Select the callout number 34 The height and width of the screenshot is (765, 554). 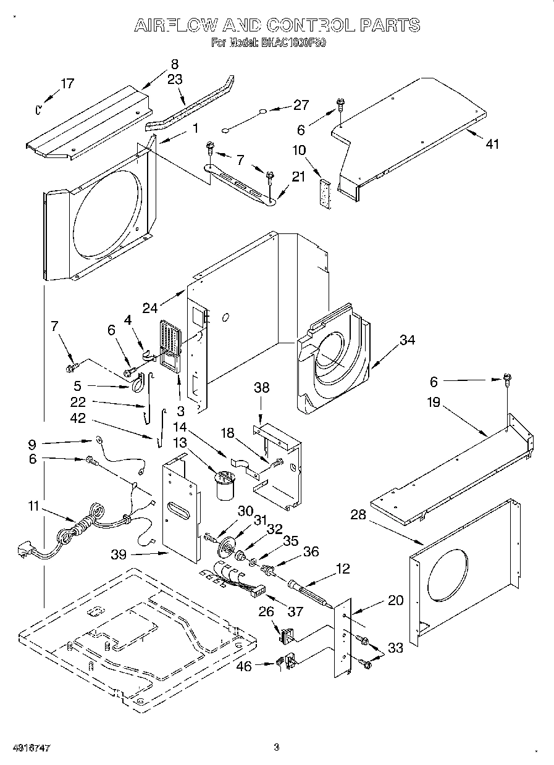[406, 340]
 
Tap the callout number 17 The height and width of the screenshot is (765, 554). [67, 84]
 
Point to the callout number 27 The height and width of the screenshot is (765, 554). [300, 105]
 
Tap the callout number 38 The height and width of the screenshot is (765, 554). [262, 388]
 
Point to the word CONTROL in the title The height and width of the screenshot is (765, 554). [311, 25]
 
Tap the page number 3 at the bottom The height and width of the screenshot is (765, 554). [277, 748]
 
